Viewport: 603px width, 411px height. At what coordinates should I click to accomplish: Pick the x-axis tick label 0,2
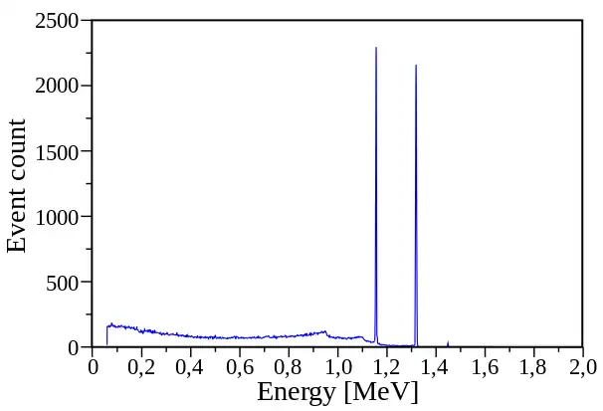141,367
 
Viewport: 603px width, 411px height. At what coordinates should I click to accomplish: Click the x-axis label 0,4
190,367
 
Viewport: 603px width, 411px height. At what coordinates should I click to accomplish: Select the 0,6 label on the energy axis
239,367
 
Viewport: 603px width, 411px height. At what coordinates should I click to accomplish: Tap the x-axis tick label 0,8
289,367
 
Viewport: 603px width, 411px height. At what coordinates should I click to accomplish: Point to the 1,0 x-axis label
337,367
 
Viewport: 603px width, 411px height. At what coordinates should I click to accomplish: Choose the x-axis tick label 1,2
386,367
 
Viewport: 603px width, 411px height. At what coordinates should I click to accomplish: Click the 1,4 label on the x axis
436,367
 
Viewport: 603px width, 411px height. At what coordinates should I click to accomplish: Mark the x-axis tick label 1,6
485,367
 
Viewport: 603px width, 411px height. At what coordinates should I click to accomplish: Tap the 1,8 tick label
533,367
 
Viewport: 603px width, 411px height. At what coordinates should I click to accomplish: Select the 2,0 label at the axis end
582,367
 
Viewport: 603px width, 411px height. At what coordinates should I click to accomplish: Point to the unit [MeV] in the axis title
380,393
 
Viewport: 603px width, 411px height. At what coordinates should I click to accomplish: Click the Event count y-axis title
18,185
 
